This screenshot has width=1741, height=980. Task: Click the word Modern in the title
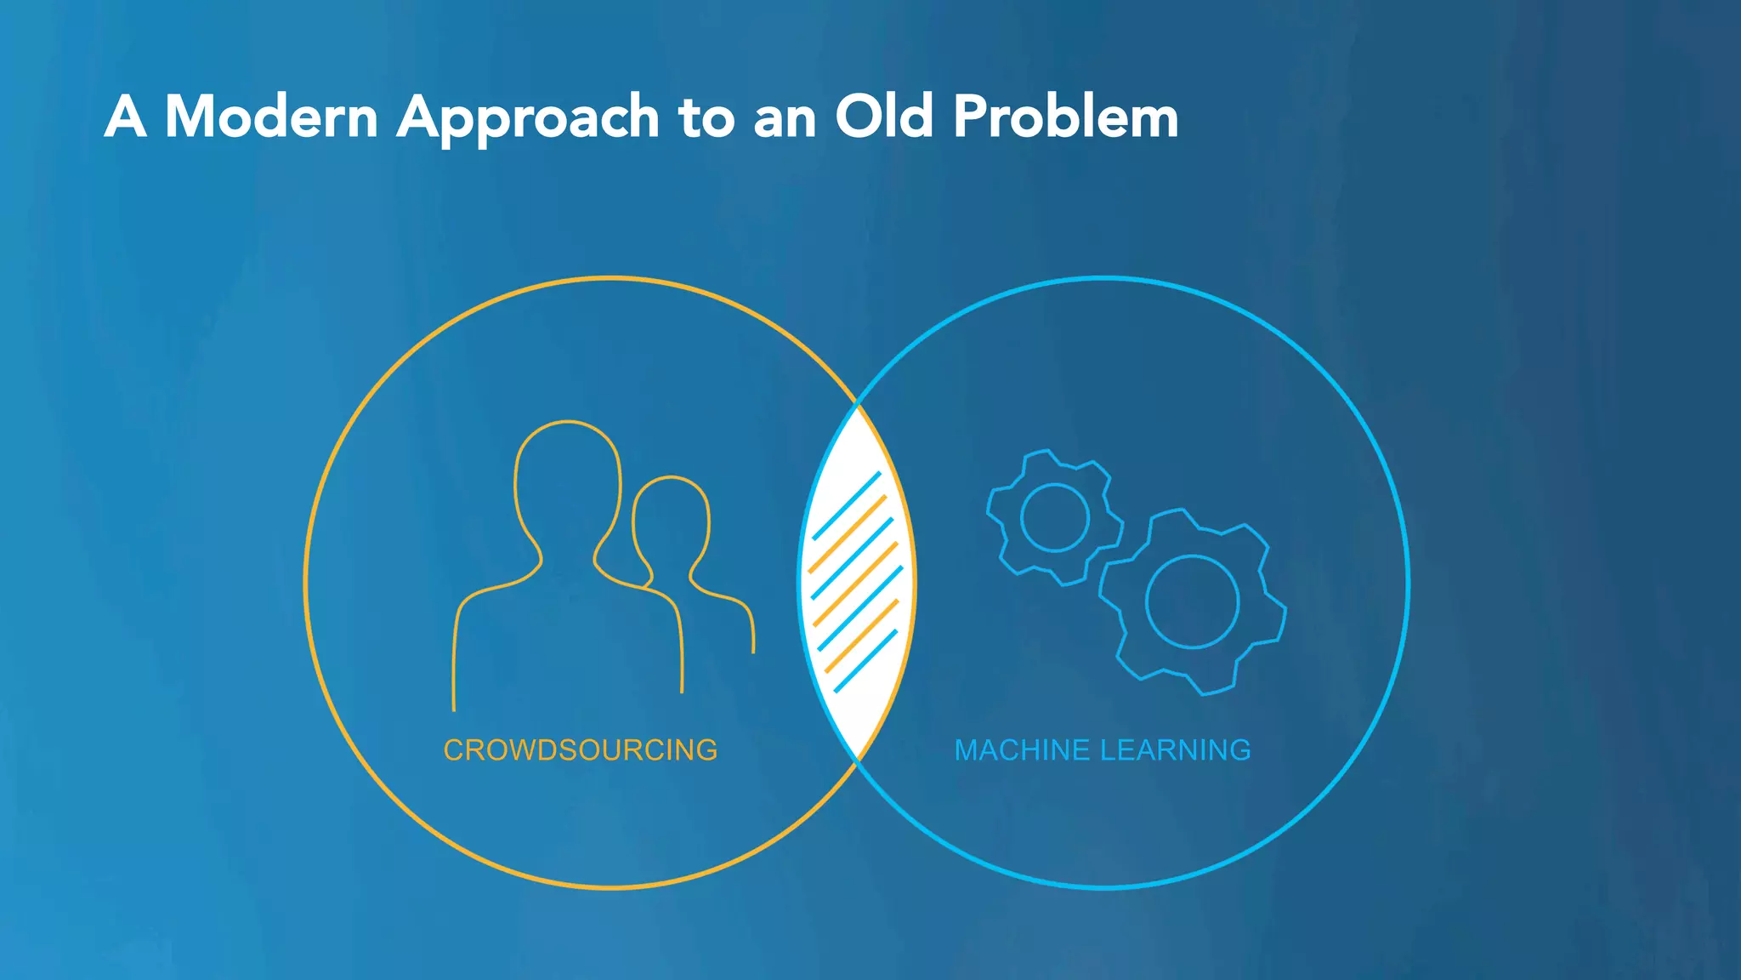click(x=271, y=117)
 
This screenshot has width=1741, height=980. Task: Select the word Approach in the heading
click(x=528, y=118)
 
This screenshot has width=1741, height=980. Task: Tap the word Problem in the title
click(x=1065, y=117)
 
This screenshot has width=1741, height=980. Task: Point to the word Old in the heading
click(x=884, y=117)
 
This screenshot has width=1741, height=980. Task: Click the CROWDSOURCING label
click(x=581, y=750)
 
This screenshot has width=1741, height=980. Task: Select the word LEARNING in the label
click(x=1176, y=750)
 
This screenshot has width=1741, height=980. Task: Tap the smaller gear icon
click(x=1054, y=517)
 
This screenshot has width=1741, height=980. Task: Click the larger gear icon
click(x=1192, y=602)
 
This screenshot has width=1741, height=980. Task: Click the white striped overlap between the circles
click(x=857, y=583)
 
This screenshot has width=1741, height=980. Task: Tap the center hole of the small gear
click(x=1054, y=517)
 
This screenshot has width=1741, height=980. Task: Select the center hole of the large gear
click(x=1192, y=602)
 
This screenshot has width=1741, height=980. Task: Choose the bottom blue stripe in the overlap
click(x=865, y=661)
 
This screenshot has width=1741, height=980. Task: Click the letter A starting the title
click(x=125, y=117)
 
